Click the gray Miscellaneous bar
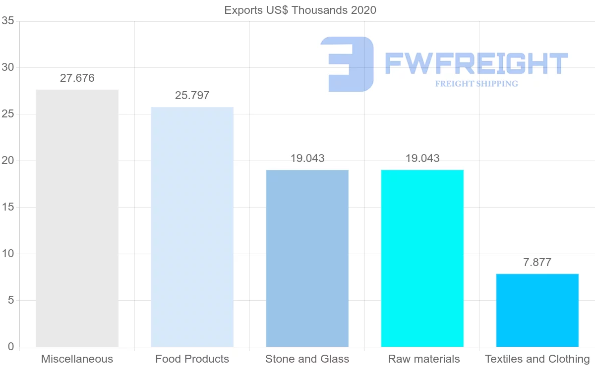[77, 218]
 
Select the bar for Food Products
[192, 227]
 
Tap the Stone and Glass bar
[307, 258]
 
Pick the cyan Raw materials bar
[422, 258]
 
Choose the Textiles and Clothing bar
[537, 310]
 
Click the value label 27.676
[77, 78]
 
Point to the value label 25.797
[192, 96]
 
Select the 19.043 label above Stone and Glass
[307, 159]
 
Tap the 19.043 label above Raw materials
[422, 159]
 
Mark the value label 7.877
[537, 263]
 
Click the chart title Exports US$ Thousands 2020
[300, 10]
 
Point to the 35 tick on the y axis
[7, 21]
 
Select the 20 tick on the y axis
[7, 161]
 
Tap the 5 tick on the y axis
[10, 301]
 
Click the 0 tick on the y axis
[10, 347]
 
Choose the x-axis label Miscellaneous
[77, 359]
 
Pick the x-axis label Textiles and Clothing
[537, 359]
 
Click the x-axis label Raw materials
[423, 359]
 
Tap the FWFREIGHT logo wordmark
[476, 63]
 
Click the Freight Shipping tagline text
[476, 84]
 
